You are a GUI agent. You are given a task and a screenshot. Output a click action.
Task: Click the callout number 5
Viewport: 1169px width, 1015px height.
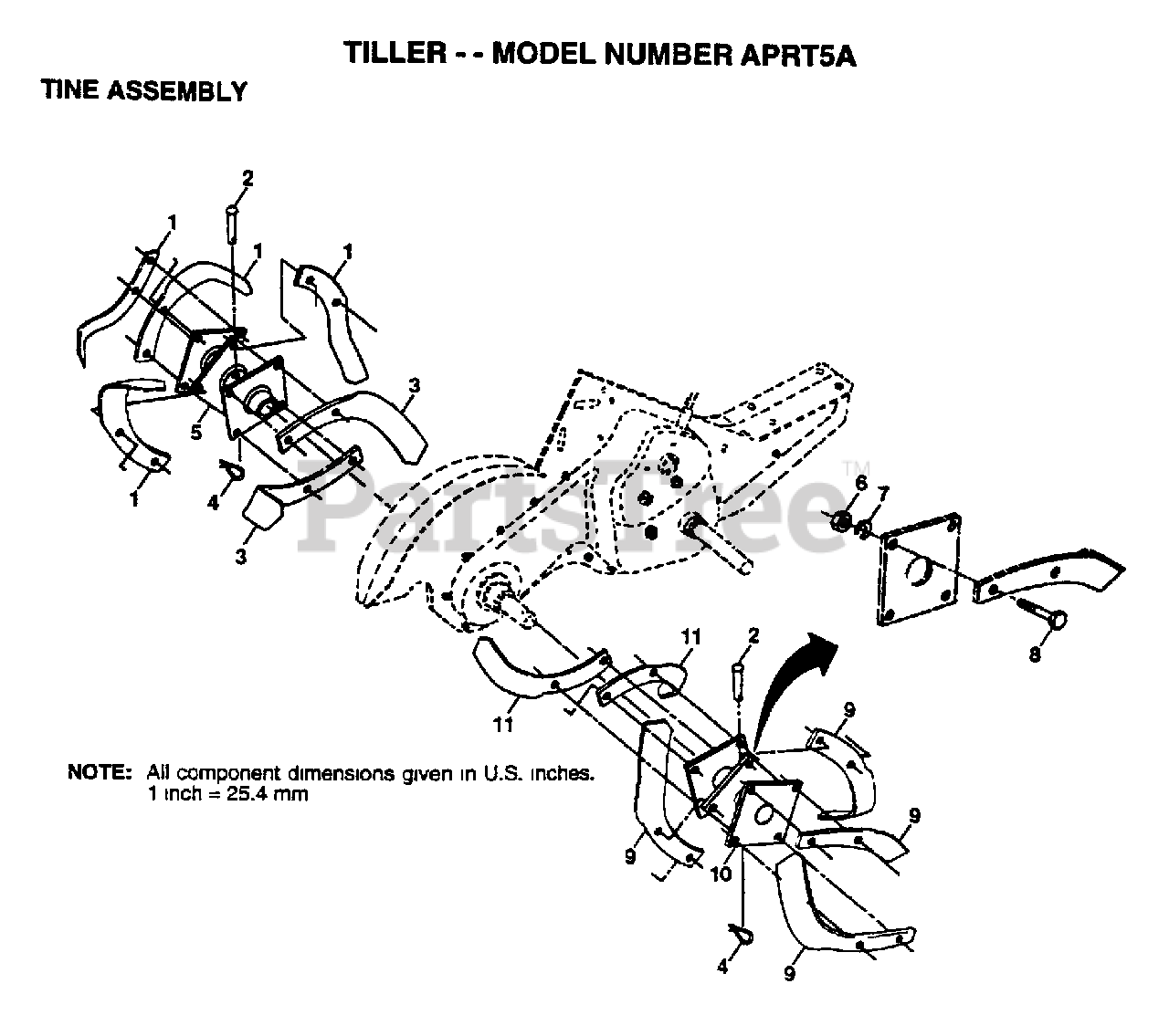(195, 433)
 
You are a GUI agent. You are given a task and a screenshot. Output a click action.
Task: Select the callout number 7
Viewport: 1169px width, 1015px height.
(882, 494)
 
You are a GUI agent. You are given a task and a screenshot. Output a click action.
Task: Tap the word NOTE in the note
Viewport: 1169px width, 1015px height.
(100, 772)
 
